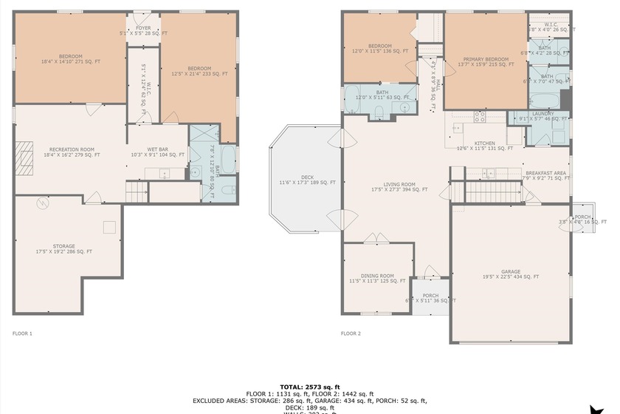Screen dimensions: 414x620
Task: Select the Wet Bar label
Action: click(157, 152)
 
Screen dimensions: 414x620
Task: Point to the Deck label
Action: click(307, 180)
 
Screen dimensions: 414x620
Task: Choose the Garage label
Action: click(511, 274)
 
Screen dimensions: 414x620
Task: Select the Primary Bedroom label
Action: click(486, 61)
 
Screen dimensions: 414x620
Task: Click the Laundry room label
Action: click(543, 116)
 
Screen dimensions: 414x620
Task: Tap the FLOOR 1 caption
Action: click(22, 333)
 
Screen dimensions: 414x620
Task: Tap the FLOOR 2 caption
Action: click(351, 333)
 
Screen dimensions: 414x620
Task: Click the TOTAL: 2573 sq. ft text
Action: click(309, 387)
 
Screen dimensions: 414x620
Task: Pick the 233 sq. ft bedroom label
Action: click(199, 71)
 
